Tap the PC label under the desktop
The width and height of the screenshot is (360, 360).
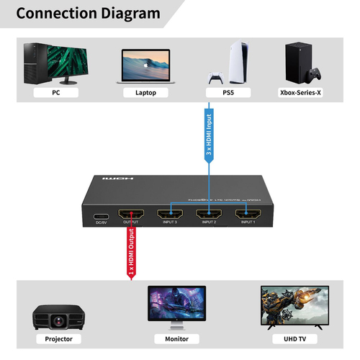click(x=55, y=93)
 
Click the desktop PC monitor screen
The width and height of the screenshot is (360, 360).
click(x=66, y=58)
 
